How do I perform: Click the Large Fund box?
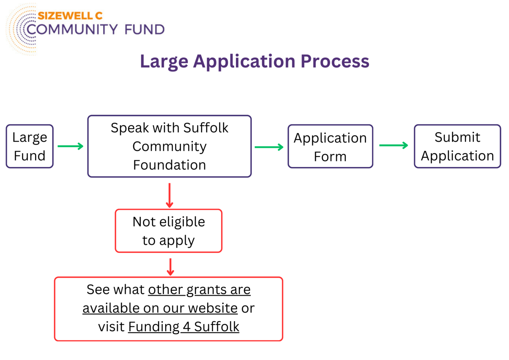pos(30,146)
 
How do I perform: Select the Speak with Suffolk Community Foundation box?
pos(169,146)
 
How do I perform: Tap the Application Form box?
pos(330,146)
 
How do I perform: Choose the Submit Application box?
pos(457,146)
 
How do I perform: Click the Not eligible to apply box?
pos(169,231)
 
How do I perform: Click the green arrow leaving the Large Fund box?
pos(70,146)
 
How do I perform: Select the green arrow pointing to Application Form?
pos(269,147)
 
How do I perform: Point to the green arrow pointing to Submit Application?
pos(394,145)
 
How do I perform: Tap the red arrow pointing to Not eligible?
pos(169,195)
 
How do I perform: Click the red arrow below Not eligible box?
pos(170,267)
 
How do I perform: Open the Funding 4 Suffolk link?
pos(183,327)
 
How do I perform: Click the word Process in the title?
pos(335,61)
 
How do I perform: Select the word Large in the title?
pos(164,62)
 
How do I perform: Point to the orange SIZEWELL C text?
pos(70,16)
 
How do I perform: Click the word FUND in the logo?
pos(144,29)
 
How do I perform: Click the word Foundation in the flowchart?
pos(169,165)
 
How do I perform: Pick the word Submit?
pos(457,137)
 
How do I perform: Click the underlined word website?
pos(213,308)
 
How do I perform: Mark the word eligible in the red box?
pos(182,221)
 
